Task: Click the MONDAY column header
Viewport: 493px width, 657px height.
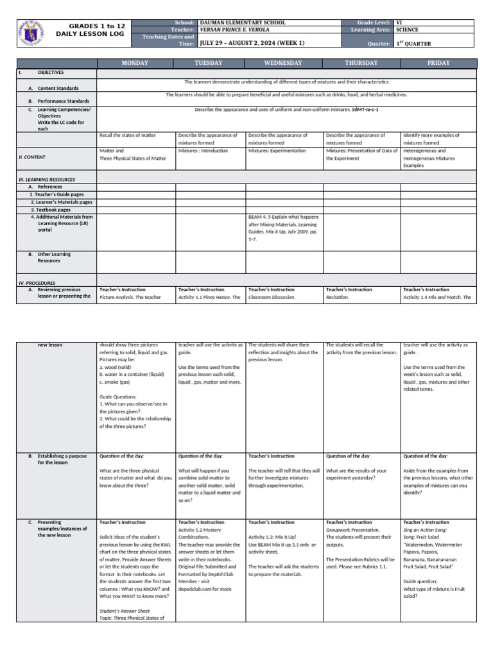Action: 135,63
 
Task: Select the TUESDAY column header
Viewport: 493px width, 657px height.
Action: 210,63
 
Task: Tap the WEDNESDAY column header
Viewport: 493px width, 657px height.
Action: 284,63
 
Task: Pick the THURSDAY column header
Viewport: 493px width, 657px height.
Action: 361,63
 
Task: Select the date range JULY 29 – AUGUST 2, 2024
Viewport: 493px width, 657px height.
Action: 243,43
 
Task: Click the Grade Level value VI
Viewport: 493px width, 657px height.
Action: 399,22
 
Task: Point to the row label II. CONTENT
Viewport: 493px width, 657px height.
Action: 32,157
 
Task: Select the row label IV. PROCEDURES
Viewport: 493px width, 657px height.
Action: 37,282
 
